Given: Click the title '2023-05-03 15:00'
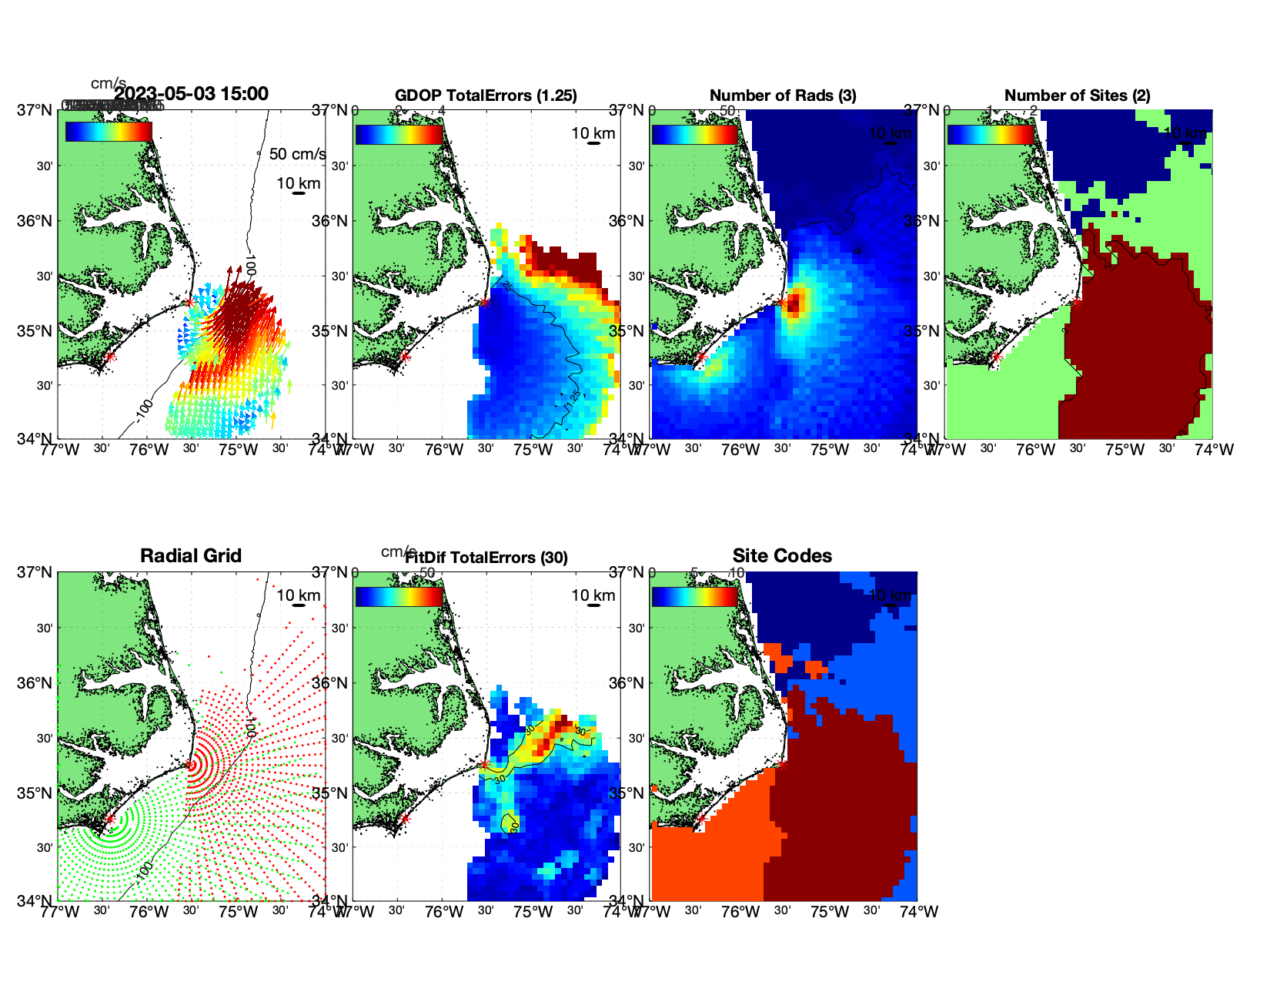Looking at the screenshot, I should click(x=191, y=94).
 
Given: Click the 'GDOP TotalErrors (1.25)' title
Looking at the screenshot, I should click(x=486, y=96).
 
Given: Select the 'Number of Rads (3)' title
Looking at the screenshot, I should click(x=783, y=96).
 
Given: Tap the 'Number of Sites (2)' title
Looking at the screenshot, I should click(x=1077, y=96).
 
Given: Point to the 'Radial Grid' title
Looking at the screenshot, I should click(x=191, y=556).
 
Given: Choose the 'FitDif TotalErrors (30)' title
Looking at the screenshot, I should click(x=487, y=558).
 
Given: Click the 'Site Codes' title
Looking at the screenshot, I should click(x=782, y=556).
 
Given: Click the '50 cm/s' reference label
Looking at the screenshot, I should click(x=297, y=154).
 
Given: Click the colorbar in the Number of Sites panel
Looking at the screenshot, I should click(x=991, y=134).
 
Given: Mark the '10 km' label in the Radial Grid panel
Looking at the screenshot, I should click(x=299, y=595).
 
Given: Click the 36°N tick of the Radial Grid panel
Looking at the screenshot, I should click(x=35, y=683).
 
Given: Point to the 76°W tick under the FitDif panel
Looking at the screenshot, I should click(x=444, y=912).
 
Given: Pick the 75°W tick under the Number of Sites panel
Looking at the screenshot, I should click(x=1125, y=450).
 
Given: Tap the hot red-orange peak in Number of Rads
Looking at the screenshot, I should click(x=795, y=303).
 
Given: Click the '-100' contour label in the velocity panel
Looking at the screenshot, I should click(x=143, y=411).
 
